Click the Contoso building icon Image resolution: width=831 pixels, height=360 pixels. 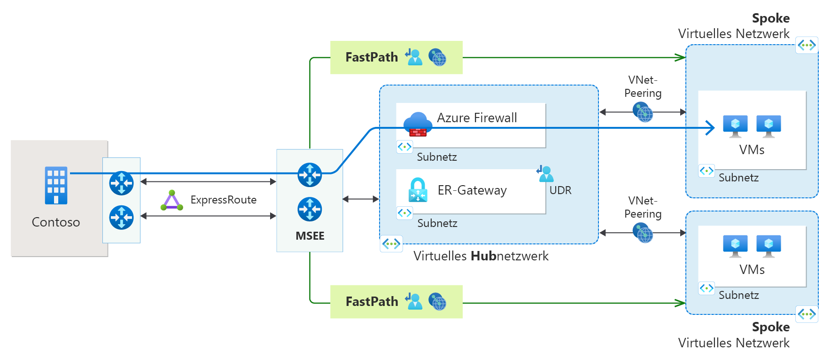click(x=56, y=185)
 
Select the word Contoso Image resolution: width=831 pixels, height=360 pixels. click(x=55, y=222)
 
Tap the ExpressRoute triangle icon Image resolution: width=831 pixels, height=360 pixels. click(x=171, y=201)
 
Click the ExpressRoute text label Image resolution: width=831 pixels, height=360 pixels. click(x=223, y=200)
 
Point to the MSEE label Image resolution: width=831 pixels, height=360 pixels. click(x=310, y=236)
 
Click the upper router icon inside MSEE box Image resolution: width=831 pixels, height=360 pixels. click(x=310, y=175)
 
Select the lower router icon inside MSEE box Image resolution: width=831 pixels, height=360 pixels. click(x=310, y=209)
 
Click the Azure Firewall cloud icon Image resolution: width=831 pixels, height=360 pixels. click(x=418, y=124)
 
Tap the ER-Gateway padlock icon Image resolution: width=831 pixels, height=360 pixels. click(x=418, y=190)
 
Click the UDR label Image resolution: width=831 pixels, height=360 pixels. click(x=560, y=190)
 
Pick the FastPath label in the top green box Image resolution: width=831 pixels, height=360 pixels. click(x=372, y=57)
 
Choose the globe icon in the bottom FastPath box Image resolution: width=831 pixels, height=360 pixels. click(x=437, y=302)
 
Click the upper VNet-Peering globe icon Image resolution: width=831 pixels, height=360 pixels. click(x=643, y=112)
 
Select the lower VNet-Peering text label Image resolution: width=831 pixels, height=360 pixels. click(x=643, y=207)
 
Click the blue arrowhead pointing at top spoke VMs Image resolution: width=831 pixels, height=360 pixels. click(x=711, y=127)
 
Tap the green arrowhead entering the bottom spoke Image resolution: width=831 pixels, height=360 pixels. click(x=680, y=303)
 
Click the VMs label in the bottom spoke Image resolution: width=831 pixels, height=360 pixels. click(x=752, y=270)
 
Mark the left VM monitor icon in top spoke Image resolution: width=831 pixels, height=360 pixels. click(x=735, y=126)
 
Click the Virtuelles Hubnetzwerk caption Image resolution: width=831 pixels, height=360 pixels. click(x=481, y=256)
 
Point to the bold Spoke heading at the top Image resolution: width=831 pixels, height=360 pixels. click(x=770, y=18)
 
